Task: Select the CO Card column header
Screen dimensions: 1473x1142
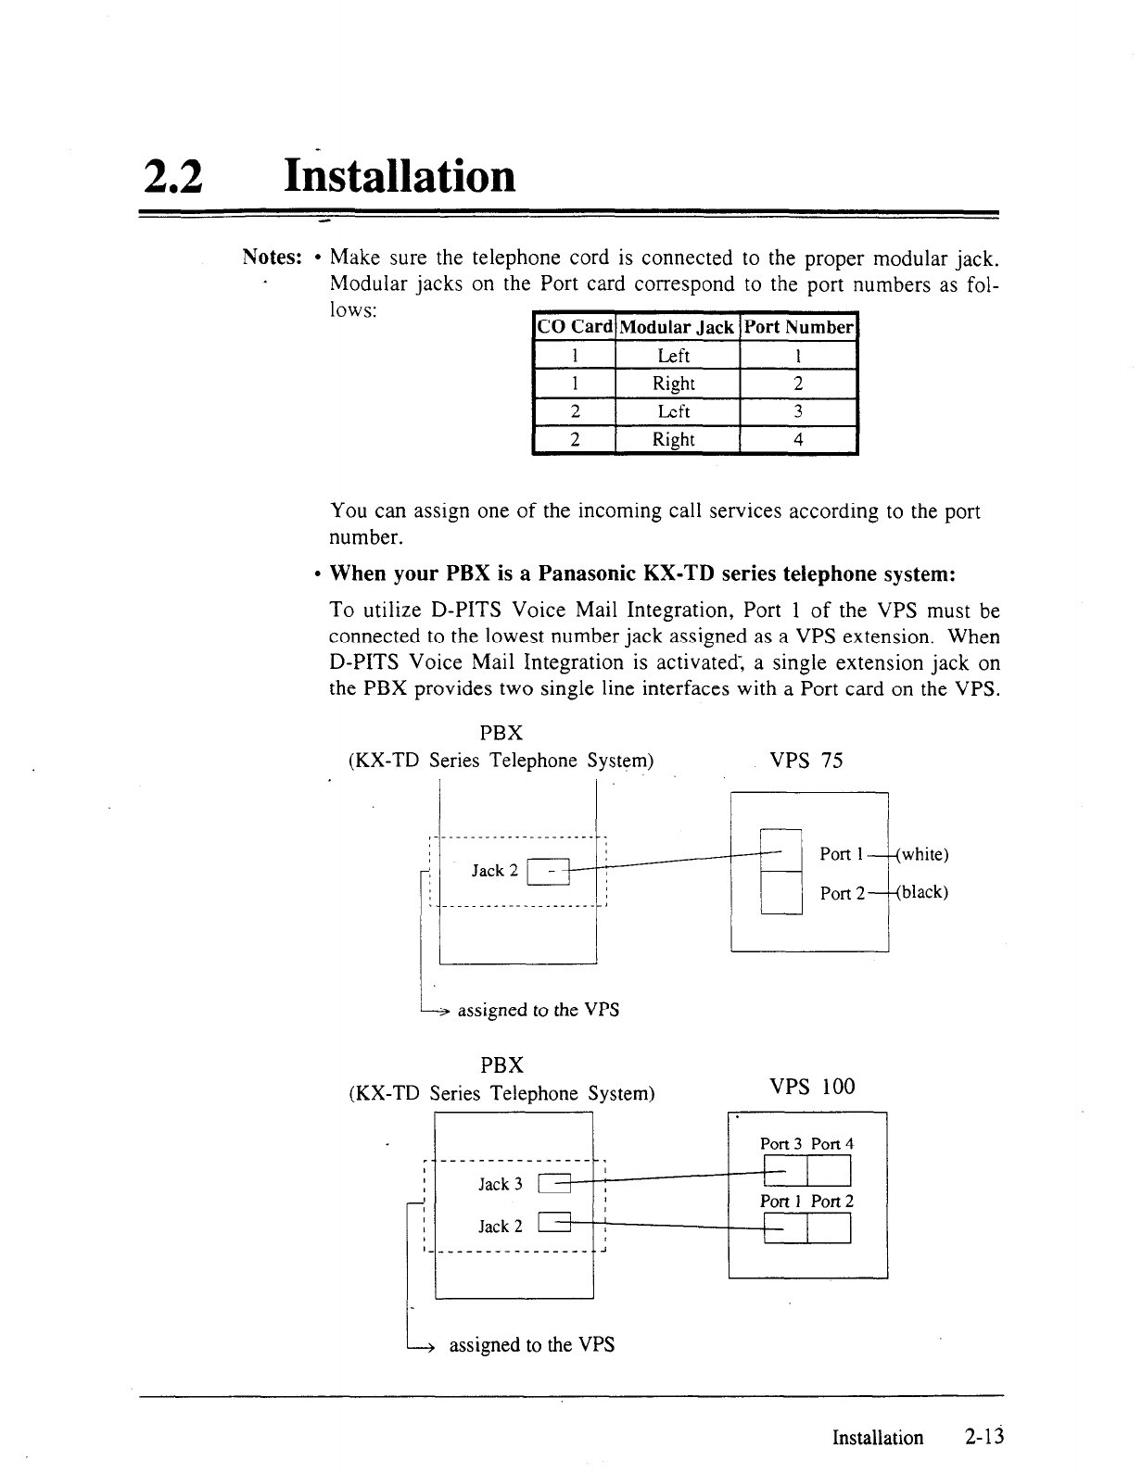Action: pos(575,327)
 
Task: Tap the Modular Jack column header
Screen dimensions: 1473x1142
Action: pos(678,327)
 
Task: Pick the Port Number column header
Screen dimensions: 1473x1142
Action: pos(798,327)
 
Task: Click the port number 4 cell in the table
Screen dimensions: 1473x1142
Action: pos(798,440)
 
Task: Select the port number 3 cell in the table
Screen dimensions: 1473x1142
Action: pos(798,411)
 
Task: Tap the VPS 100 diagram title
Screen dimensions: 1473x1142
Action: pos(812,1087)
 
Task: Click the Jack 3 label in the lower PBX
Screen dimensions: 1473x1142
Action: pos(501,1185)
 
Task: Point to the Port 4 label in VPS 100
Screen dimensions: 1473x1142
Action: pos(832,1144)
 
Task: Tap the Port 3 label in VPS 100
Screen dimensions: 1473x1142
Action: pos(781,1144)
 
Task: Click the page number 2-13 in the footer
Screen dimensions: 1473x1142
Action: pos(983,1438)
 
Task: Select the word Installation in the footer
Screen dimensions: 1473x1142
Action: pos(878,1438)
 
